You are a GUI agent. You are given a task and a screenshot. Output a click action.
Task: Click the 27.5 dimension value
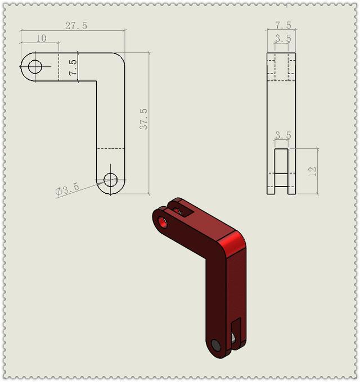[x=76, y=26]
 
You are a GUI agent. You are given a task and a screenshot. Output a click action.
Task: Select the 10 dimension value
[x=41, y=38]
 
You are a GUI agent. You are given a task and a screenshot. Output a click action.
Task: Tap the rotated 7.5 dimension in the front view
[x=73, y=67]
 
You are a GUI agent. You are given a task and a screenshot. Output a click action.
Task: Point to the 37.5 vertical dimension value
[x=144, y=119]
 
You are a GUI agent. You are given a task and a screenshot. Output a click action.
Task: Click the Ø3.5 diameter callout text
[x=67, y=189]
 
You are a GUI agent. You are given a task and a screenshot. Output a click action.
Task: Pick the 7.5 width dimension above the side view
[x=283, y=25]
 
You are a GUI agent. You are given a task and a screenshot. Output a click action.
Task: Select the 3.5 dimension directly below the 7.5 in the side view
[x=283, y=39]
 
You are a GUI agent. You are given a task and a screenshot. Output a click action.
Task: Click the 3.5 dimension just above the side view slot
[x=282, y=135]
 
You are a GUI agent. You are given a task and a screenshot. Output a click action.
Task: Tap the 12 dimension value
[x=313, y=171]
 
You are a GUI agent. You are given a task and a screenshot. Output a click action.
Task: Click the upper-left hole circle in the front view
[x=35, y=67]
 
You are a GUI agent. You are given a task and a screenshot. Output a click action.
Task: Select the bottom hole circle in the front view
[x=111, y=180]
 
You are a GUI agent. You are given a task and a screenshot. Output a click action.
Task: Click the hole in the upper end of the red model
[x=163, y=221]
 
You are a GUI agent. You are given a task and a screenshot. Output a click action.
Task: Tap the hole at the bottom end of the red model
[x=215, y=345]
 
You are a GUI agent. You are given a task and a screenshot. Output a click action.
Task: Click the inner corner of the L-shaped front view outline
[x=97, y=82]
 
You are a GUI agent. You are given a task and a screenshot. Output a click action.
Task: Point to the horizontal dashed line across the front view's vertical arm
[x=111, y=148]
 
